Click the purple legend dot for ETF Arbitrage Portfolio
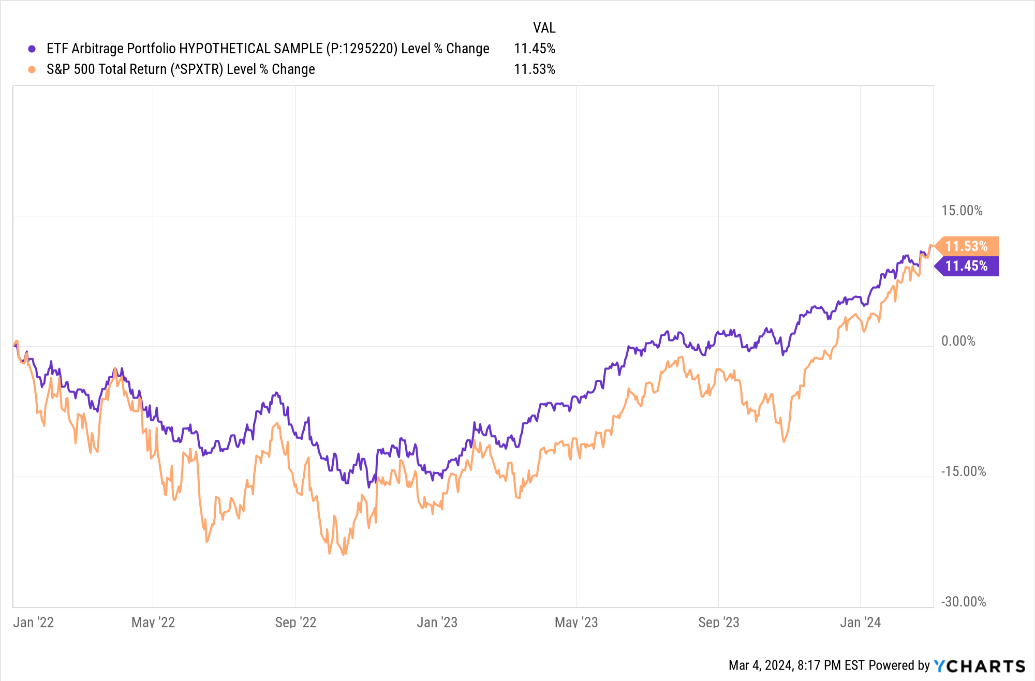pos(32,49)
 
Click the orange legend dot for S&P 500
pos(32,69)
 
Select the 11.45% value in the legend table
pos(534,49)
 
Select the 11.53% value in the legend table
pos(534,69)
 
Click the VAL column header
pos(544,27)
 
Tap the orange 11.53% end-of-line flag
pos(966,246)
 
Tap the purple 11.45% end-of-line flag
pos(966,266)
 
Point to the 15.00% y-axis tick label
pos(962,211)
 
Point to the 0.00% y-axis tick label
pos(958,341)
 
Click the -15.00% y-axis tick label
pos(963,471)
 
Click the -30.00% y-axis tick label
pos(963,602)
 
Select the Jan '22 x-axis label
pos(34,622)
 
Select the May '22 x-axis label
pos(153,622)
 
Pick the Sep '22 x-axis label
pos(295,622)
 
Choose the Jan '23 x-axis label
pos(437,622)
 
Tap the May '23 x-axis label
pos(576,622)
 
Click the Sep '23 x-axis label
pos(718,622)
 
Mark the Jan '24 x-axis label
pos(860,622)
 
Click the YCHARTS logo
pos(979,665)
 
